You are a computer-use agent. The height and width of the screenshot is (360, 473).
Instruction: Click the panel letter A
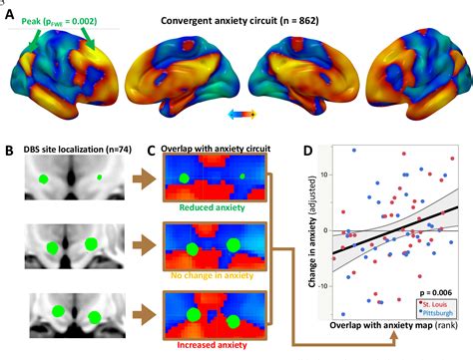[10, 17]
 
